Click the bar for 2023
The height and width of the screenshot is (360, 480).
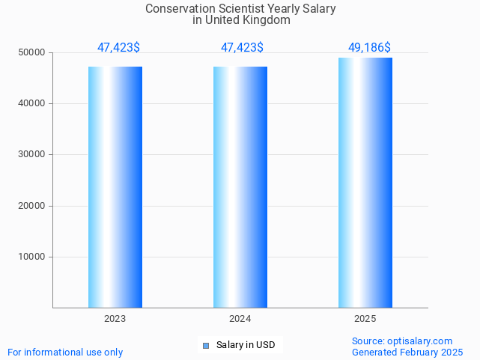coord(115,187)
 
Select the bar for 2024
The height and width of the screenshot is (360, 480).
coord(240,187)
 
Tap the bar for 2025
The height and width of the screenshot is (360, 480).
coord(365,183)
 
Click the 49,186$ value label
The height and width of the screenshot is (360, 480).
coord(369,48)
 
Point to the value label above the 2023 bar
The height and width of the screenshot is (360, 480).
coord(118,48)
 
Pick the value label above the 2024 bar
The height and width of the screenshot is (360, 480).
coord(242,48)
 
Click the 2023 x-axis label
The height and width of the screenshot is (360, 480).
coord(115,319)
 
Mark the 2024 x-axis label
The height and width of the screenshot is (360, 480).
coord(240,319)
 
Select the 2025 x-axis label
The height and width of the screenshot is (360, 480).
coord(365,319)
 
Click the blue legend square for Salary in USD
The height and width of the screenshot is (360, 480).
coord(206,345)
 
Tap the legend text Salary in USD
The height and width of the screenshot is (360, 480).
coord(246,345)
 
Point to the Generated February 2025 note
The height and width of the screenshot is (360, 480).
coord(407,352)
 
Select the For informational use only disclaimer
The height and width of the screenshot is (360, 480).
coord(65,352)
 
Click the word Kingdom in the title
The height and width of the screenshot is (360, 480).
coord(266,20)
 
